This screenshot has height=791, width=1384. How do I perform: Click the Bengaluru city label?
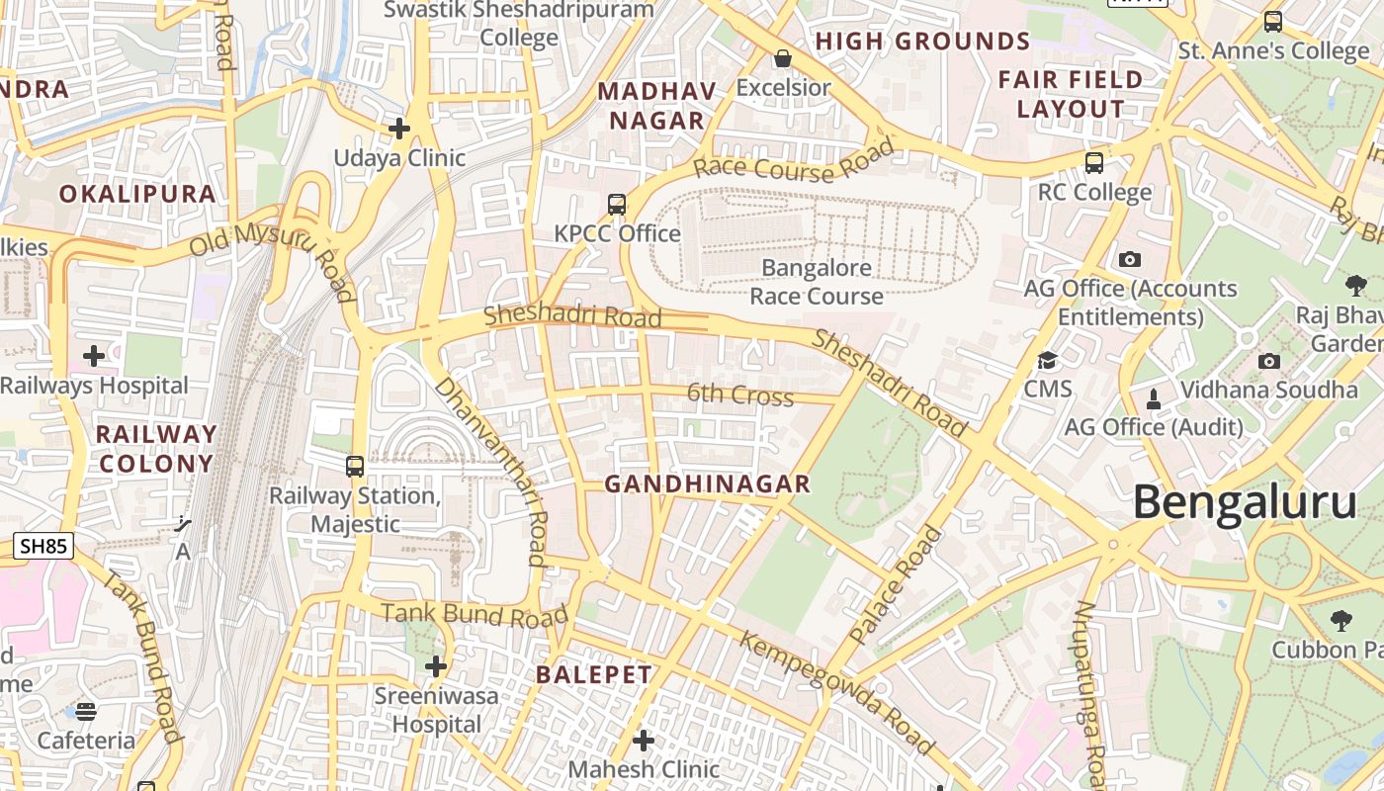pyautogui.click(x=1244, y=502)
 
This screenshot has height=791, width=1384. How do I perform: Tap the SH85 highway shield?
pyautogui.click(x=44, y=545)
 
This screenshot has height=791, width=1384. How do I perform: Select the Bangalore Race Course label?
pyautogui.click(x=817, y=282)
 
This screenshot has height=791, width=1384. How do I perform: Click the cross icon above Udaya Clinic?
pyautogui.click(x=399, y=129)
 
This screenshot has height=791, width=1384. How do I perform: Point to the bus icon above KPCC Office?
pyautogui.click(x=617, y=205)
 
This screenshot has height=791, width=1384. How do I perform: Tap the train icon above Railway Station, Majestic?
pyautogui.click(x=355, y=467)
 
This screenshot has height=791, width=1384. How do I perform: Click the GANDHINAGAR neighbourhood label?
pyautogui.click(x=707, y=484)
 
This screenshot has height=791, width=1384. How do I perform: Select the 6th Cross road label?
pyautogui.click(x=740, y=395)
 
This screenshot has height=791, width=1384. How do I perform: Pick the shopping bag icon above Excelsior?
pyautogui.click(x=783, y=58)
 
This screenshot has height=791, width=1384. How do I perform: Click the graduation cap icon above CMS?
pyautogui.click(x=1047, y=360)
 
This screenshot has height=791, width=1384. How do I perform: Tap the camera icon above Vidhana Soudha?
pyautogui.click(x=1269, y=361)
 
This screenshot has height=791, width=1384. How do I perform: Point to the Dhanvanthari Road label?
pyautogui.click(x=491, y=471)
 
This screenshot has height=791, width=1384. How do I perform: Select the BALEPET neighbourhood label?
pyautogui.click(x=594, y=674)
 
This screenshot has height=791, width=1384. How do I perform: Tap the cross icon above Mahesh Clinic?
pyautogui.click(x=644, y=740)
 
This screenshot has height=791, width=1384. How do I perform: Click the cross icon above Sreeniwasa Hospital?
pyautogui.click(x=436, y=666)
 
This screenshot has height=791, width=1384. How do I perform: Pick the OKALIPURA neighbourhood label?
pyautogui.click(x=137, y=194)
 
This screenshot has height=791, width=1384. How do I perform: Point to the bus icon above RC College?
pyautogui.click(x=1094, y=163)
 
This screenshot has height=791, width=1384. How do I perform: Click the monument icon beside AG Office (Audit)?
pyautogui.click(x=1153, y=399)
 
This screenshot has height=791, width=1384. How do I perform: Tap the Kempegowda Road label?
pyautogui.click(x=835, y=693)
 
